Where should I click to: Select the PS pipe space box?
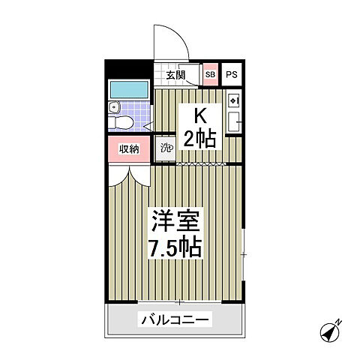(232, 75)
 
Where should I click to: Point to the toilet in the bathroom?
(123, 122)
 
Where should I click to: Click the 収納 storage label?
(129, 148)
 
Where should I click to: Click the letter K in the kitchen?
(201, 116)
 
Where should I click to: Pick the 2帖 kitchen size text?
(201, 139)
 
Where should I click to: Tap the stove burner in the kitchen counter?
(233, 100)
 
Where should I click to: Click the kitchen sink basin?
(233, 123)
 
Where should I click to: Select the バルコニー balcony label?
(175, 320)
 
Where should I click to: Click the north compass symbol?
(331, 331)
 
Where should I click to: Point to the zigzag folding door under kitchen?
(196, 162)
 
